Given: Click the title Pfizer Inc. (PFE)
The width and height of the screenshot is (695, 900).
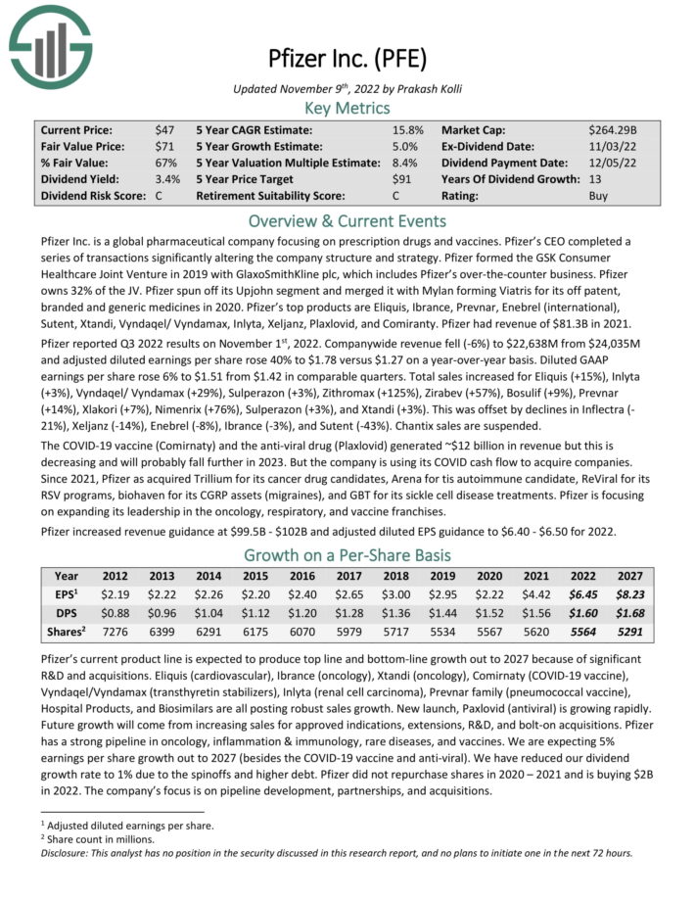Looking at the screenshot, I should click(x=347, y=59).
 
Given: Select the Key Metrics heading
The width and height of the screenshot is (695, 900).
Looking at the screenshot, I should click(x=347, y=109).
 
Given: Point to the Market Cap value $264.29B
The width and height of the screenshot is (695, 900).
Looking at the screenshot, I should click(x=613, y=130).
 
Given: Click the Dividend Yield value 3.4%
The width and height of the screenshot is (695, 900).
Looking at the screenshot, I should click(x=167, y=180).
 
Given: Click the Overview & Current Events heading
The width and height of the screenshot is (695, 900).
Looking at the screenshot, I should click(x=347, y=220).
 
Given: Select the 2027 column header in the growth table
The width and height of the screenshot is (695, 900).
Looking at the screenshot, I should click(x=630, y=576).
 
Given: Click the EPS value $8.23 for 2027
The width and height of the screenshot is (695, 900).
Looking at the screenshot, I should click(x=630, y=593).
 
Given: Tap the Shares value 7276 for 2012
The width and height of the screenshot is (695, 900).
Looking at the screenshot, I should click(x=116, y=632).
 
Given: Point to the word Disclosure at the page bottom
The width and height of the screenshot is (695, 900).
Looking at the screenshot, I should click(x=69, y=853).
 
